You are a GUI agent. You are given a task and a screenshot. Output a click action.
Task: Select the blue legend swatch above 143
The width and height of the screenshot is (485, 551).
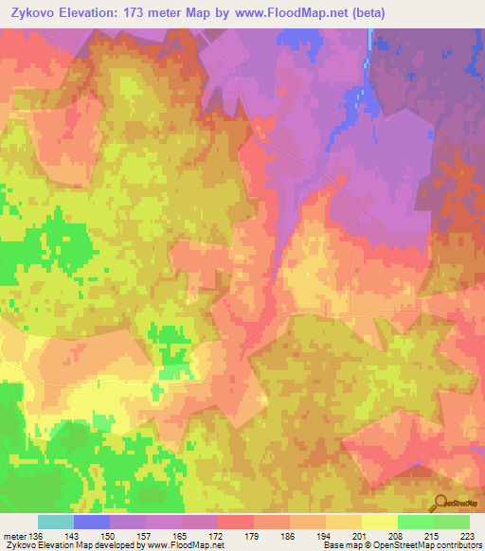(x=92, y=522)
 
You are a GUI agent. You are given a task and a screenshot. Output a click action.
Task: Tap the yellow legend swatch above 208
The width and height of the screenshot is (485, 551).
(x=380, y=522)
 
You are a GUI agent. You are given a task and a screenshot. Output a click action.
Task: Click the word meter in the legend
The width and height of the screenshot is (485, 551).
(x=14, y=536)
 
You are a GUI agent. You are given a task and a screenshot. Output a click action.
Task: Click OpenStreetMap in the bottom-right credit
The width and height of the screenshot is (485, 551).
(x=396, y=546)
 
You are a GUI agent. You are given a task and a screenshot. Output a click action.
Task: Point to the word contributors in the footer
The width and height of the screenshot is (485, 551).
(x=456, y=546)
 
